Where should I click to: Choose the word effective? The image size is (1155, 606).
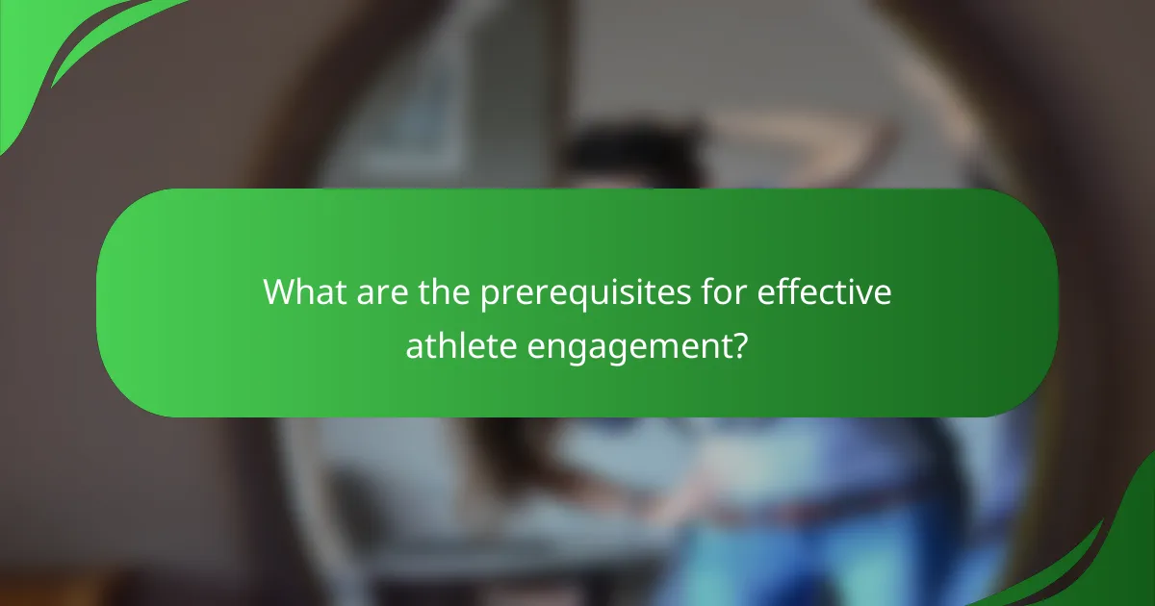pyautogui.click(x=825, y=291)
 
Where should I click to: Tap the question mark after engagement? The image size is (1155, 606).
pyautogui.click(x=740, y=345)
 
